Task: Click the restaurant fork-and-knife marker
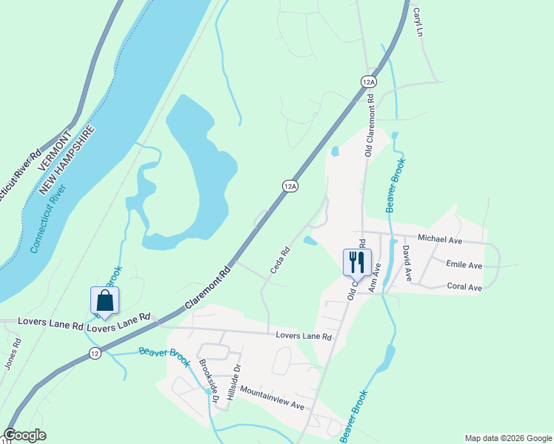click(x=357, y=261)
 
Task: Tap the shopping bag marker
click(x=104, y=300)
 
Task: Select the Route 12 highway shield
click(x=95, y=354)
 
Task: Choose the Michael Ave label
click(x=440, y=239)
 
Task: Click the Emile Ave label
click(x=464, y=264)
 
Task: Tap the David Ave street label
click(x=407, y=265)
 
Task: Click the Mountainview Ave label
click(x=272, y=398)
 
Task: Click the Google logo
click(x=24, y=435)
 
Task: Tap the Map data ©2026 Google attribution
click(x=508, y=438)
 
